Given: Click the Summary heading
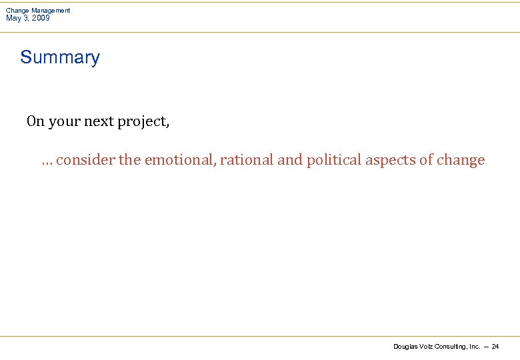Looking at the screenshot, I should (60, 57).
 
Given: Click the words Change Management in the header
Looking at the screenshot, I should (38, 11).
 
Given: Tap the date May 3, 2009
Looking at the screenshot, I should (27, 18).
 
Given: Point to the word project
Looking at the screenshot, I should (143, 122).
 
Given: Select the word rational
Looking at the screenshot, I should (247, 160).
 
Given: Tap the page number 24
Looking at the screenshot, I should (495, 347).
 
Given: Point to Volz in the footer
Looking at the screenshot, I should (427, 347).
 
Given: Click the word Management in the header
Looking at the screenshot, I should (51, 11).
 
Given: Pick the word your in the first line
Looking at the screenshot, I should (65, 122).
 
